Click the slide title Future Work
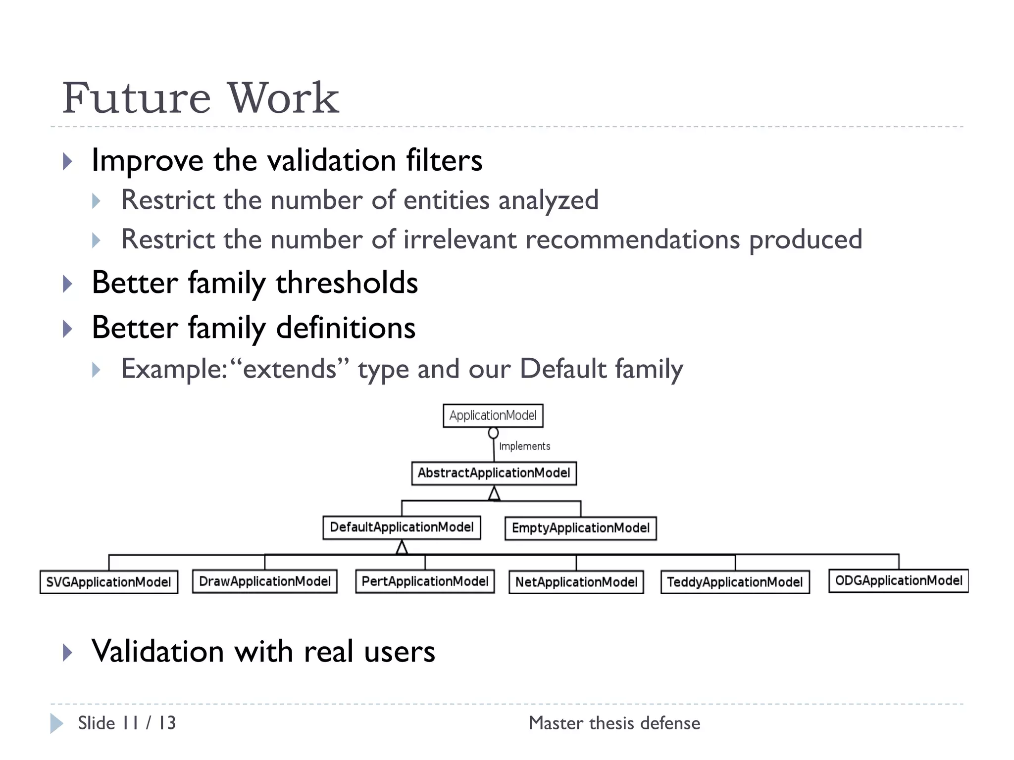(201, 98)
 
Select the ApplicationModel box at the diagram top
(493, 416)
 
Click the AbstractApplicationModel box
(494, 473)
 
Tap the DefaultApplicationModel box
(402, 527)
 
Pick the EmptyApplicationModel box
(580, 528)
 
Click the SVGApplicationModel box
(108, 582)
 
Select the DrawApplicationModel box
(264, 581)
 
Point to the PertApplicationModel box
(425, 581)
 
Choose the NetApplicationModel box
(576, 582)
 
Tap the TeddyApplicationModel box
(735, 582)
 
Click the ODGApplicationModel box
(898, 581)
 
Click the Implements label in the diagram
(524, 446)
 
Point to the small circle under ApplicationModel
(493, 433)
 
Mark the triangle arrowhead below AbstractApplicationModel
(494, 494)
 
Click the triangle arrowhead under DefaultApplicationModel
(402, 547)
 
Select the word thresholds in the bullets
(347, 283)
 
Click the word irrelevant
(460, 239)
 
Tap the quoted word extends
(290, 369)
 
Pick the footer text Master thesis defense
(614, 723)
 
